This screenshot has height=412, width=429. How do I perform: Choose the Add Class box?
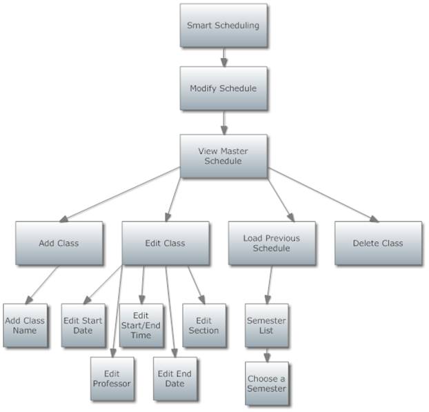(x=59, y=243)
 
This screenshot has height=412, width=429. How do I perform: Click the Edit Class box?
(x=166, y=243)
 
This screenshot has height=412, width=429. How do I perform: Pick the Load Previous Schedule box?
(x=272, y=243)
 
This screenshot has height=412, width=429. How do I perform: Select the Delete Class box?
(x=378, y=243)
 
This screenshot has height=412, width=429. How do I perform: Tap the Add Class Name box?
(x=25, y=325)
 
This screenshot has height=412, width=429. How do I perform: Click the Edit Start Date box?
(x=82, y=325)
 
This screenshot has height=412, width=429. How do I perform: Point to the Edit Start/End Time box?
(x=141, y=325)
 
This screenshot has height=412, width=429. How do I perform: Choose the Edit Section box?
(x=203, y=325)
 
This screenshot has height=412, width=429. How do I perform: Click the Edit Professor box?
(x=111, y=379)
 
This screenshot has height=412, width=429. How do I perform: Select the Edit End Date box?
(x=174, y=379)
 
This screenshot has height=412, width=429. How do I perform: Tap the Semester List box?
(x=266, y=325)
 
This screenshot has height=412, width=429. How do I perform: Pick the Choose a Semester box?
(x=266, y=384)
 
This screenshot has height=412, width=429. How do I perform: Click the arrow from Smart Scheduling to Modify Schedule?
(x=224, y=57)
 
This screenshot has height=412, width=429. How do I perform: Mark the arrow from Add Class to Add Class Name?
(x=41, y=284)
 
